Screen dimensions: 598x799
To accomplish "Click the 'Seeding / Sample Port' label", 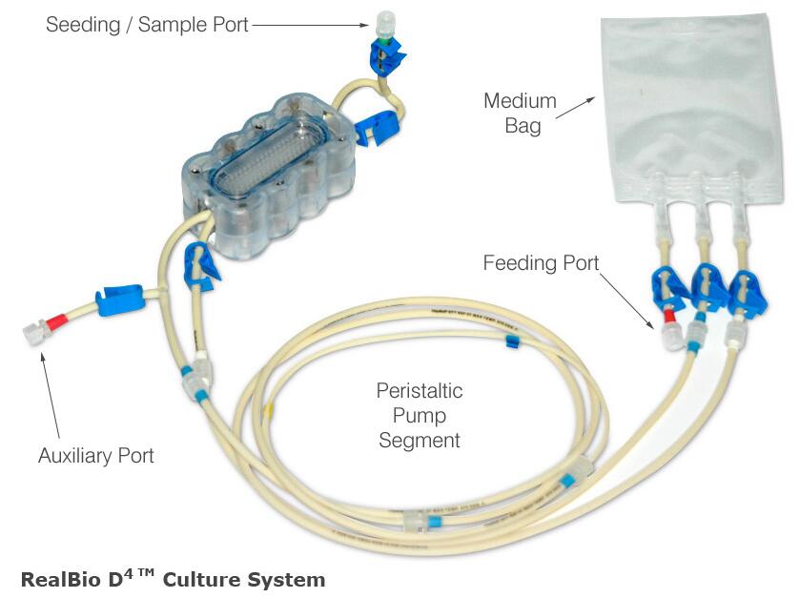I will [147, 25].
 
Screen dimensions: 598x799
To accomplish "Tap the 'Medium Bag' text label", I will [520, 113].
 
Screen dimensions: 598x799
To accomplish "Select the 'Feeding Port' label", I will [541, 262].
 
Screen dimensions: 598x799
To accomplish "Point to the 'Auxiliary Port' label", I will [95, 455].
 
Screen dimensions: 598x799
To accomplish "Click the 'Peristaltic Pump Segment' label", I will [420, 416].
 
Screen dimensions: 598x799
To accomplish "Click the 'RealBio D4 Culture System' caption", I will [173, 579].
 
